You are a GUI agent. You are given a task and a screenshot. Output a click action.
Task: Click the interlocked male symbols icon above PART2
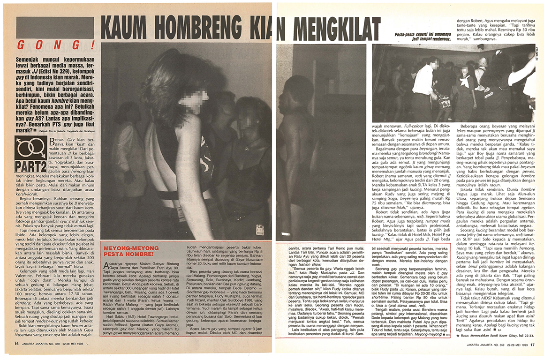click(x=30, y=148)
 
